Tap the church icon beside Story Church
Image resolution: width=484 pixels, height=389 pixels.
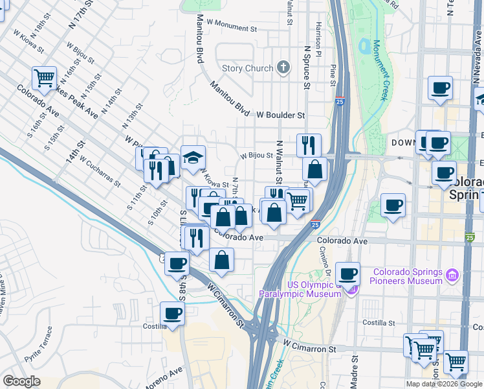point(283,67)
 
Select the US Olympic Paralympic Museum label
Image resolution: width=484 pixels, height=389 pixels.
point(300,289)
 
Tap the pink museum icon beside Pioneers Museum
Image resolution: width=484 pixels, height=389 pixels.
point(452,276)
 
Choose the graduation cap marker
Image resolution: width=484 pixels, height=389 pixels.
point(193,158)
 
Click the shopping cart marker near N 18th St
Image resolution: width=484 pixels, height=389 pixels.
point(45,78)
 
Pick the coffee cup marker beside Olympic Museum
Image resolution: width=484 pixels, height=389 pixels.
point(348,274)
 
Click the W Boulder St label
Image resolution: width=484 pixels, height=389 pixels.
point(280,115)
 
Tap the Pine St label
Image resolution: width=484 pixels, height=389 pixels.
point(333,74)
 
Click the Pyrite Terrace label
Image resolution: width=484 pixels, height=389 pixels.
point(38,348)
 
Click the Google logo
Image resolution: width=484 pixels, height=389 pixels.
point(21,381)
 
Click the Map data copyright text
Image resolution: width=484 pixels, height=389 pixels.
point(444,384)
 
